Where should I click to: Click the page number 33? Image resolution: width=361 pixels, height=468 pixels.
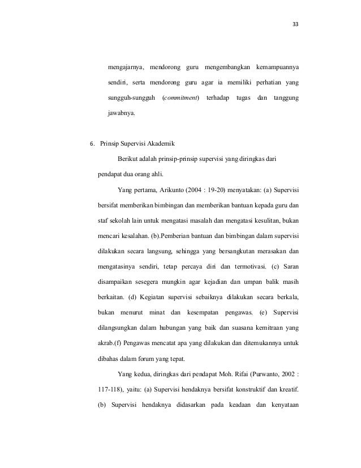tap(295, 24)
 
